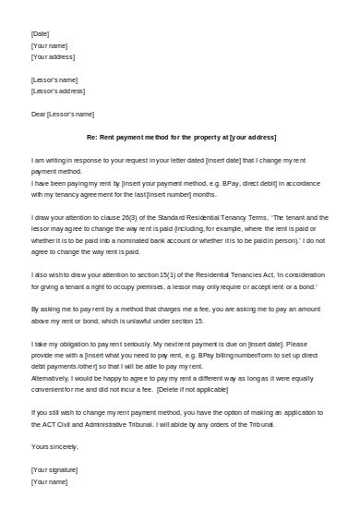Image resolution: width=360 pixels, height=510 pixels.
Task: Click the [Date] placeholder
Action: click(x=40, y=33)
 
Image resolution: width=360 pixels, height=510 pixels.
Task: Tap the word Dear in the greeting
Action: click(x=39, y=114)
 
